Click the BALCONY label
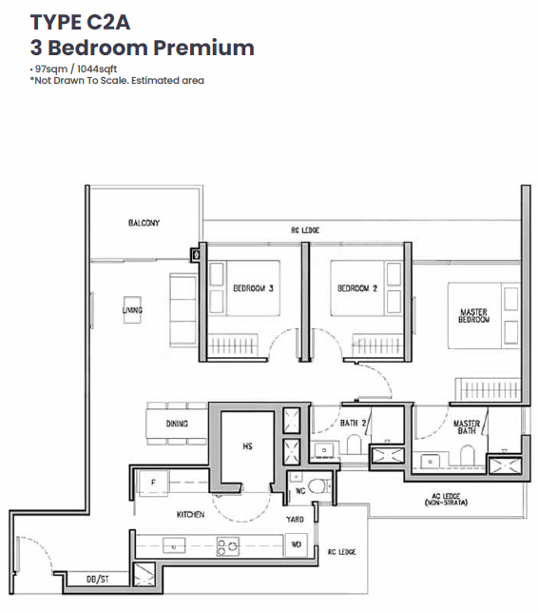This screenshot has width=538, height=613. click(x=144, y=223)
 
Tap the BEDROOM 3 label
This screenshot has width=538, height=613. click(x=253, y=288)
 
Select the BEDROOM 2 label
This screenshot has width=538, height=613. click(x=357, y=288)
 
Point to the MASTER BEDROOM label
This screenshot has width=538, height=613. click(x=473, y=315)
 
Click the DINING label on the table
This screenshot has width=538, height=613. click(x=177, y=424)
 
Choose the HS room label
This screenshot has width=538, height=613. click(x=247, y=446)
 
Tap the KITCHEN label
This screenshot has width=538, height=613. click(x=190, y=514)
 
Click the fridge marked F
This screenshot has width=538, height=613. click(x=153, y=484)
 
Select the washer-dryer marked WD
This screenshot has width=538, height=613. click(x=297, y=544)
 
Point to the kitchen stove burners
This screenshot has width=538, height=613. click(x=228, y=546)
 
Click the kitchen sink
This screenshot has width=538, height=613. click(x=174, y=545)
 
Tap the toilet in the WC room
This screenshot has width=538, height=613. click(x=318, y=486)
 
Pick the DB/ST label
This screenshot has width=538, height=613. click(x=98, y=579)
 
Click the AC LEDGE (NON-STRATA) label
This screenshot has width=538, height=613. click(x=446, y=499)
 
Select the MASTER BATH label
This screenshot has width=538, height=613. click(x=467, y=426)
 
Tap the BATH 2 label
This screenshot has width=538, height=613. click(x=353, y=423)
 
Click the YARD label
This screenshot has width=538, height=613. click(x=295, y=519)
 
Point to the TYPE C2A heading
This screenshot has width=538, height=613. click(x=80, y=22)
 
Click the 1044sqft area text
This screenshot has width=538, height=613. click(x=97, y=69)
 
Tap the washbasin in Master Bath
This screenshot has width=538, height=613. click(x=430, y=461)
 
